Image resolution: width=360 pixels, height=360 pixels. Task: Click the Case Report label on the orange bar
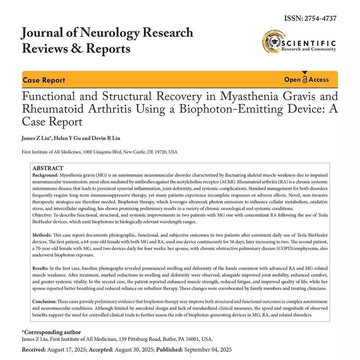click(x=44, y=80)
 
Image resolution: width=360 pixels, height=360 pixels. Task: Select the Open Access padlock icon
click(x=305, y=79)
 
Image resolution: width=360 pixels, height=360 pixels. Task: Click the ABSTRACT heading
click(x=48, y=168)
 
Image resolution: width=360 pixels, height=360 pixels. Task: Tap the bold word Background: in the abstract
click(x=45, y=175)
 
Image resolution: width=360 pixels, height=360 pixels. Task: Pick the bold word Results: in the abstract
click(x=40, y=269)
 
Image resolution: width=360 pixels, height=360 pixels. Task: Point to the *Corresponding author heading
click(x=51, y=332)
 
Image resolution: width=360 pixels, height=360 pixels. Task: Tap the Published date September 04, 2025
click(x=208, y=350)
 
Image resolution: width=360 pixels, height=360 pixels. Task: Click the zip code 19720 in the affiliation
click(x=161, y=152)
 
